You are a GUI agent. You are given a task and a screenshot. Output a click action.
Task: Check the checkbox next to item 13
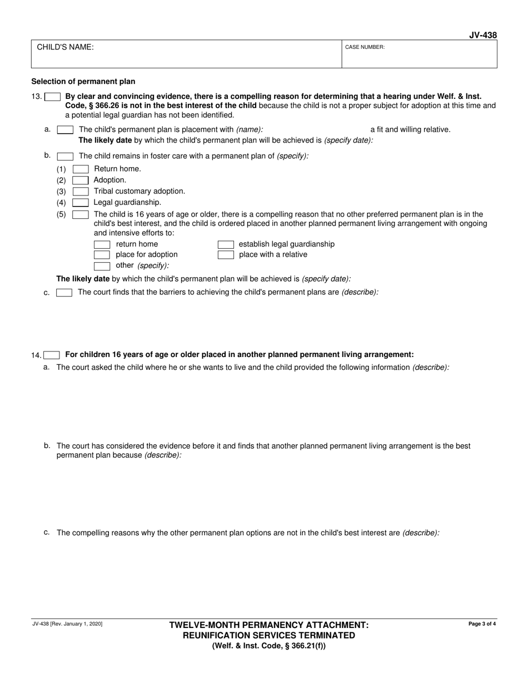coord(52,97)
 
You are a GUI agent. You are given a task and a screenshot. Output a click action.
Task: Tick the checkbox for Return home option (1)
coord(81,169)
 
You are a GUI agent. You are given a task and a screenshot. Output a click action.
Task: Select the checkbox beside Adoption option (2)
coord(81,180)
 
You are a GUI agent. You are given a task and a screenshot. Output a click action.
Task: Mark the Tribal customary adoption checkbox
coord(81,191)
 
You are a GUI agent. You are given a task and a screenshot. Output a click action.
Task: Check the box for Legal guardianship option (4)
coord(81,203)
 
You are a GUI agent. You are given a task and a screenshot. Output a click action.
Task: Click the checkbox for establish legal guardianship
coord(226,244)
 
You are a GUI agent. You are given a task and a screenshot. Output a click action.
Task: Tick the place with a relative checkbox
coord(226,255)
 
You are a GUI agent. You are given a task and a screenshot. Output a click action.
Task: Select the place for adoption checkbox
coord(102,255)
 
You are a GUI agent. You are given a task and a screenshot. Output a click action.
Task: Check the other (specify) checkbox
coord(102,265)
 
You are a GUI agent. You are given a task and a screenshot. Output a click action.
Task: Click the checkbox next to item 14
coord(52,355)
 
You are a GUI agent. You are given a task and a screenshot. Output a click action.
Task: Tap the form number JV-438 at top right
coord(482,36)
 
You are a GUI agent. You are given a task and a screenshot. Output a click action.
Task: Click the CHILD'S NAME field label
coord(65,47)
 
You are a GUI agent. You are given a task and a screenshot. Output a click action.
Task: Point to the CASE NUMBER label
coord(365,47)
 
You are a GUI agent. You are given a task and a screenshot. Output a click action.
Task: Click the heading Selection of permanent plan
coord(83,81)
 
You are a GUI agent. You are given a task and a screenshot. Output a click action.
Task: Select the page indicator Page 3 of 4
coord(482,624)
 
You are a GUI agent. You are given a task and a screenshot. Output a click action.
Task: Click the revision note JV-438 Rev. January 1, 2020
coord(67,624)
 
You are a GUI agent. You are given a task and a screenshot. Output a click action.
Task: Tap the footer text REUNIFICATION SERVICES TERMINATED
coord(269,635)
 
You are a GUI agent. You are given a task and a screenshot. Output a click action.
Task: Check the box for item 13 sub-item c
coord(64,293)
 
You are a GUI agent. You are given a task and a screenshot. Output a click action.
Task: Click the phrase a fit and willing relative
coord(410,129)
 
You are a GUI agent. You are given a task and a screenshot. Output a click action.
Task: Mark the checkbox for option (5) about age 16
coord(81,214)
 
